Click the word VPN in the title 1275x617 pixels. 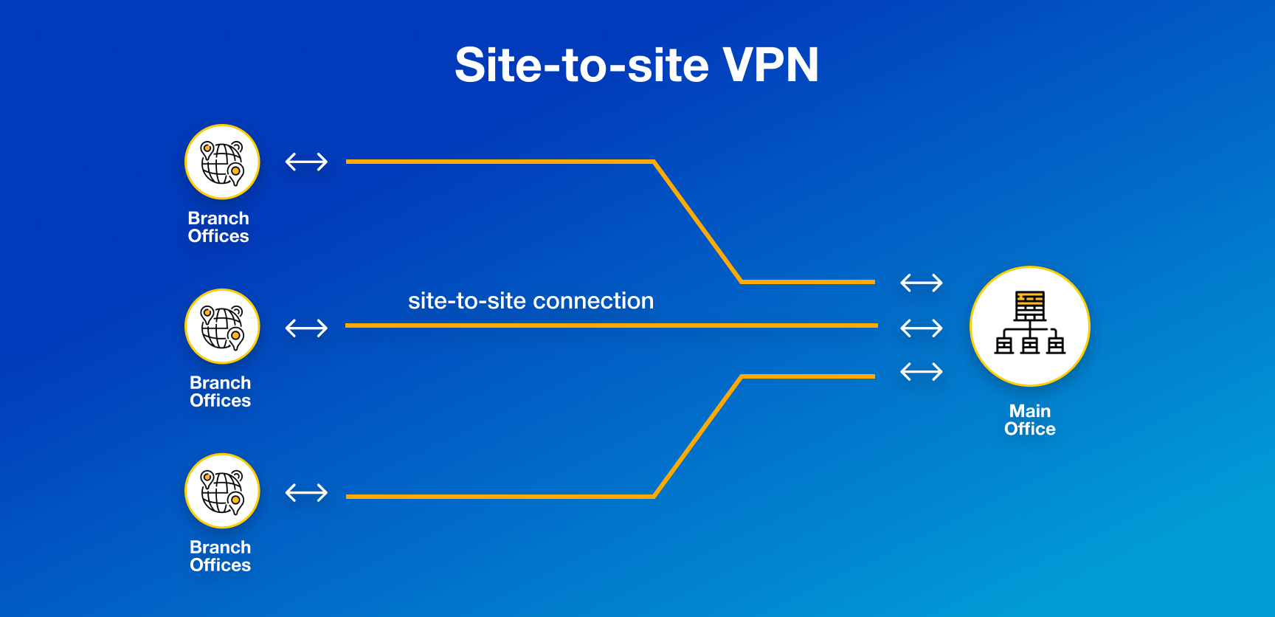[770, 65]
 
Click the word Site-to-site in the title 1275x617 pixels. [582, 65]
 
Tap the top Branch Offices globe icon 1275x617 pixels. [222, 162]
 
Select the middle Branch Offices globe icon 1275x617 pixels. [222, 326]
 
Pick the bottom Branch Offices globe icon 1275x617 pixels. [222, 491]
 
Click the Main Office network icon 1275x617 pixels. [1029, 325]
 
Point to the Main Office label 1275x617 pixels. [1029, 420]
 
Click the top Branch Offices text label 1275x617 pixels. [218, 227]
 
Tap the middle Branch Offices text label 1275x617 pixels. [220, 392]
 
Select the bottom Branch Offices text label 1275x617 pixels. [220, 556]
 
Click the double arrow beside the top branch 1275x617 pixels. [306, 162]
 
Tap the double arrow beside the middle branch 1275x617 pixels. [306, 328]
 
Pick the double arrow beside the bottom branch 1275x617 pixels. [306, 492]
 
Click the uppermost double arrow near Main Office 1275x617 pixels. [922, 283]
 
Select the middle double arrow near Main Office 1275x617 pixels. [922, 328]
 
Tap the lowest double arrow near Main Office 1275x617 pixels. [922, 371]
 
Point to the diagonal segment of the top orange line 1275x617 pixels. [697, 221]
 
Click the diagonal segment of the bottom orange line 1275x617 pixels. [697, 437]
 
